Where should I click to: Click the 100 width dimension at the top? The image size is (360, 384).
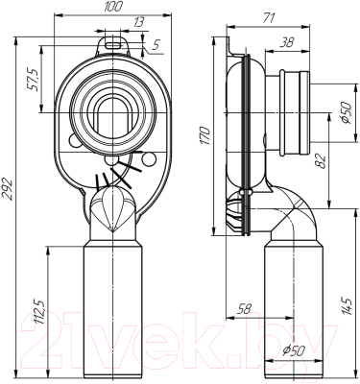pyautogui.click(x=113, y=7)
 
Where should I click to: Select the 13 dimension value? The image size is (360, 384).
pyautogui.click(x=138, y=23)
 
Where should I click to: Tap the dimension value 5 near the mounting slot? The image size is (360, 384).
pyautogui.click(x=155, y=45)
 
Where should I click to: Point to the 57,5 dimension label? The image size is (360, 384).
pyautogui.click(x=35, y=80)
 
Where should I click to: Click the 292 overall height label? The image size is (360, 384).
pyautogui.click(x=8, y=189)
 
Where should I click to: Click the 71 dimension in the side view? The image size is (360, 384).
pyautogui.click(x=268, y=18)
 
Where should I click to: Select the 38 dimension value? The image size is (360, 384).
pyautogui.click(x=286, y=42)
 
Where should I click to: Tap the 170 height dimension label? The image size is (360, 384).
pyautogui.click(x=206, y=135)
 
